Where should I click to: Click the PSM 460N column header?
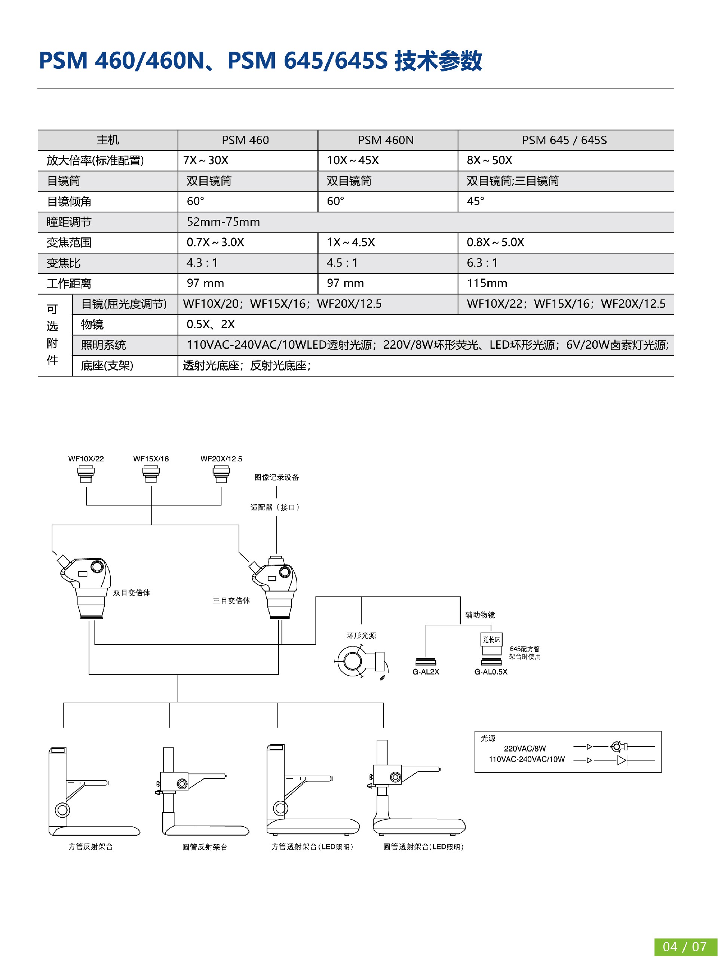[x=386, y=140]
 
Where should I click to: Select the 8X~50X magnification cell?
[x=490, y=160]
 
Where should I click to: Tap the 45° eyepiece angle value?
[x=475, y=201]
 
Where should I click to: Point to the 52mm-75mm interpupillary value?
[x=223, y=222]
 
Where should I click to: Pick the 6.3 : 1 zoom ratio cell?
[x=482, y=263]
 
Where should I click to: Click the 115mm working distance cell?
[x=487, y=283]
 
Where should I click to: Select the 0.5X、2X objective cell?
[x=211, y=325]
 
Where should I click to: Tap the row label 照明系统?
[x=104, y=345]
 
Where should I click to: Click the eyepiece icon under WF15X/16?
[x=151, y=474]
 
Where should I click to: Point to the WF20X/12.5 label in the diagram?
[x=221, y=459]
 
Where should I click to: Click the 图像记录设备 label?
[x=277, y=477]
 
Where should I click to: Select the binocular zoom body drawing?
[x=85, y=587]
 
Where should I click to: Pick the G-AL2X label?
[x=426, y=672]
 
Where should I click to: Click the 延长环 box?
[x=491, y=639]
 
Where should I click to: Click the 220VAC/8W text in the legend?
[x=525, y=749]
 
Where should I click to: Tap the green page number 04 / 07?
[x=685, y=947]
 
